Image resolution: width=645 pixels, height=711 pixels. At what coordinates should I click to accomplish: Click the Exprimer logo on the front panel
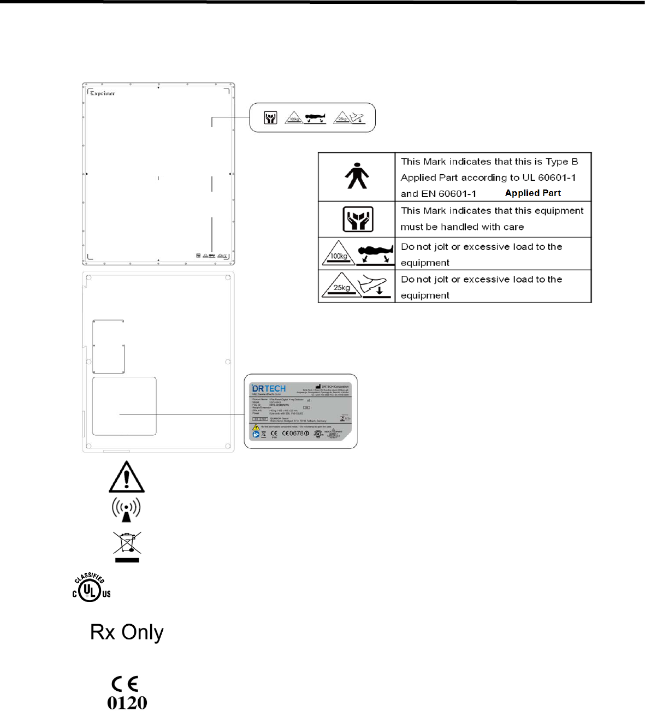103,93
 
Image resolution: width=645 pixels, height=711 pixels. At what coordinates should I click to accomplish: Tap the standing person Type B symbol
357,176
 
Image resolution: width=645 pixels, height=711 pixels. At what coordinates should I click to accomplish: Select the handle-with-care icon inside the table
358,219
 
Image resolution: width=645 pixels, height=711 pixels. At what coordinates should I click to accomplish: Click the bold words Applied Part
533,193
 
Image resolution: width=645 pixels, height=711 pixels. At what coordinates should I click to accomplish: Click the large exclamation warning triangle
126,477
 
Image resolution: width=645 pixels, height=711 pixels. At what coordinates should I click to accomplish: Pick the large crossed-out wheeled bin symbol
127,546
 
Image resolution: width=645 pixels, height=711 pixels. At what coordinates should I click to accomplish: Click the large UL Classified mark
91,588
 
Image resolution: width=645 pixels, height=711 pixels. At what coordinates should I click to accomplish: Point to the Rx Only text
127,632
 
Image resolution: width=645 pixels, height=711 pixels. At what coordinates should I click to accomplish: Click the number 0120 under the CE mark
127,703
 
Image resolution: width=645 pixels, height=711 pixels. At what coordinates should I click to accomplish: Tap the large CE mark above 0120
125,684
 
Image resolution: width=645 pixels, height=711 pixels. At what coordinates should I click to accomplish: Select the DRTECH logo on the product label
269,389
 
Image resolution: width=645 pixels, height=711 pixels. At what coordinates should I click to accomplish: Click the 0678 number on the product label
298,434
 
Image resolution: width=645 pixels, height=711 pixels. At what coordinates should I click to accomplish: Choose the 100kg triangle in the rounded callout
294,117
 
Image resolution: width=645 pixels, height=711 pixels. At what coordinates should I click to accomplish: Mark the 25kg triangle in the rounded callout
342,117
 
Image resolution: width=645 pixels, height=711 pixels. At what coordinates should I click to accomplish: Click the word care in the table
513,227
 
